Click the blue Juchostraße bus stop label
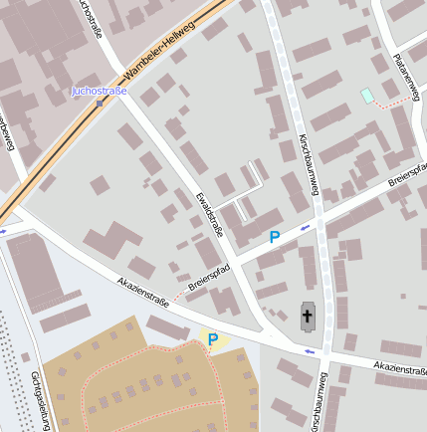pyautogui.click(x=99, y=92)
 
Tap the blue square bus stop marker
pyautogui.click(x=99, y=104)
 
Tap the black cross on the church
pyautogui.click(x=308, y=319)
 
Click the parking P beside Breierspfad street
pyautogui.click(x=275, y=238)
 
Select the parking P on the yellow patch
pyautogui.click(x=212, y=340)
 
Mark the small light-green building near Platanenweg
pyautogui.click(x=368, y=96)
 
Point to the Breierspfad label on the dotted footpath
pyautogui.click(x=208, y=278)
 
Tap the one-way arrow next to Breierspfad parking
pyautogui.click(x=304, y=226)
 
